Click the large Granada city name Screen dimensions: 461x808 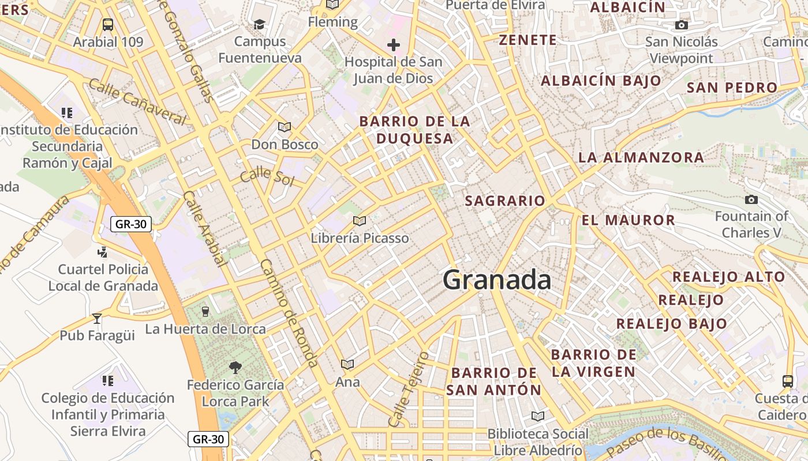coord(497,280)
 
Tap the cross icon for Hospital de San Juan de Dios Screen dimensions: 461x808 coord(394,45)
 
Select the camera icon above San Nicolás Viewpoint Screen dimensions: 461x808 coord(682,25)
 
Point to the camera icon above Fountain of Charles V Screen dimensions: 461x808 coord(751,200)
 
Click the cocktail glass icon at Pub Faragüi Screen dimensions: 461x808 coord(97,318)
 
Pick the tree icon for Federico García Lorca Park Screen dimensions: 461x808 coord(235,367)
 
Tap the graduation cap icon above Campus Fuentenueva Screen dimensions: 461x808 coord(260,25)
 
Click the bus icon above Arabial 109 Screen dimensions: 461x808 coord(108,25)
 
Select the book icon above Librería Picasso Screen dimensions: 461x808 coord(360,221)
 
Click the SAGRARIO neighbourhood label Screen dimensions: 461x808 coord(505,201)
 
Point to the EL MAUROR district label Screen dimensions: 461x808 coord(628,220)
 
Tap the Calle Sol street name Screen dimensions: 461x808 coord(267,176)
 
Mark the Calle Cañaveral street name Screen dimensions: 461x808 coord(137,102)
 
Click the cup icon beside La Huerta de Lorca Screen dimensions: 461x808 coord(205,312)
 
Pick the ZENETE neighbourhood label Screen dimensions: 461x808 coord(528,40)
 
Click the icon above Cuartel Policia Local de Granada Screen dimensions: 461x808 coord(103,252)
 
